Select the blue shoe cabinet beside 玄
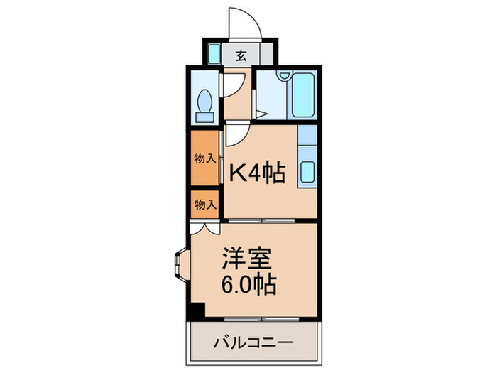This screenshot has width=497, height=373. [214, 53]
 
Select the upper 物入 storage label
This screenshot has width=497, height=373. [204, 158]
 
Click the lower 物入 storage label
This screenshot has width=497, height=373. [204, 205]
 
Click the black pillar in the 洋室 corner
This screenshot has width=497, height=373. [196, 310]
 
